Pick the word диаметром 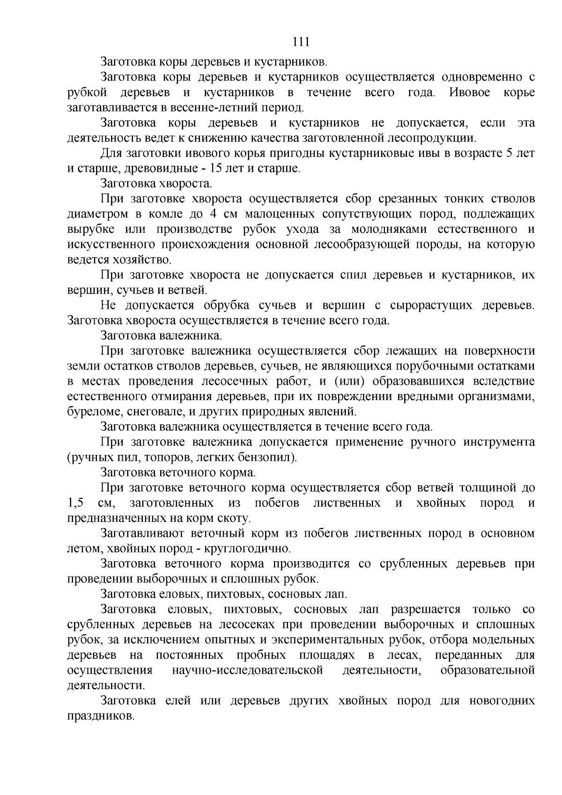click(97, 214)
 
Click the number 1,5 click(75, 503)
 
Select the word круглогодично click(251, 549)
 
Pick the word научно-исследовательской click(248, 670)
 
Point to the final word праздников click(100, 716)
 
